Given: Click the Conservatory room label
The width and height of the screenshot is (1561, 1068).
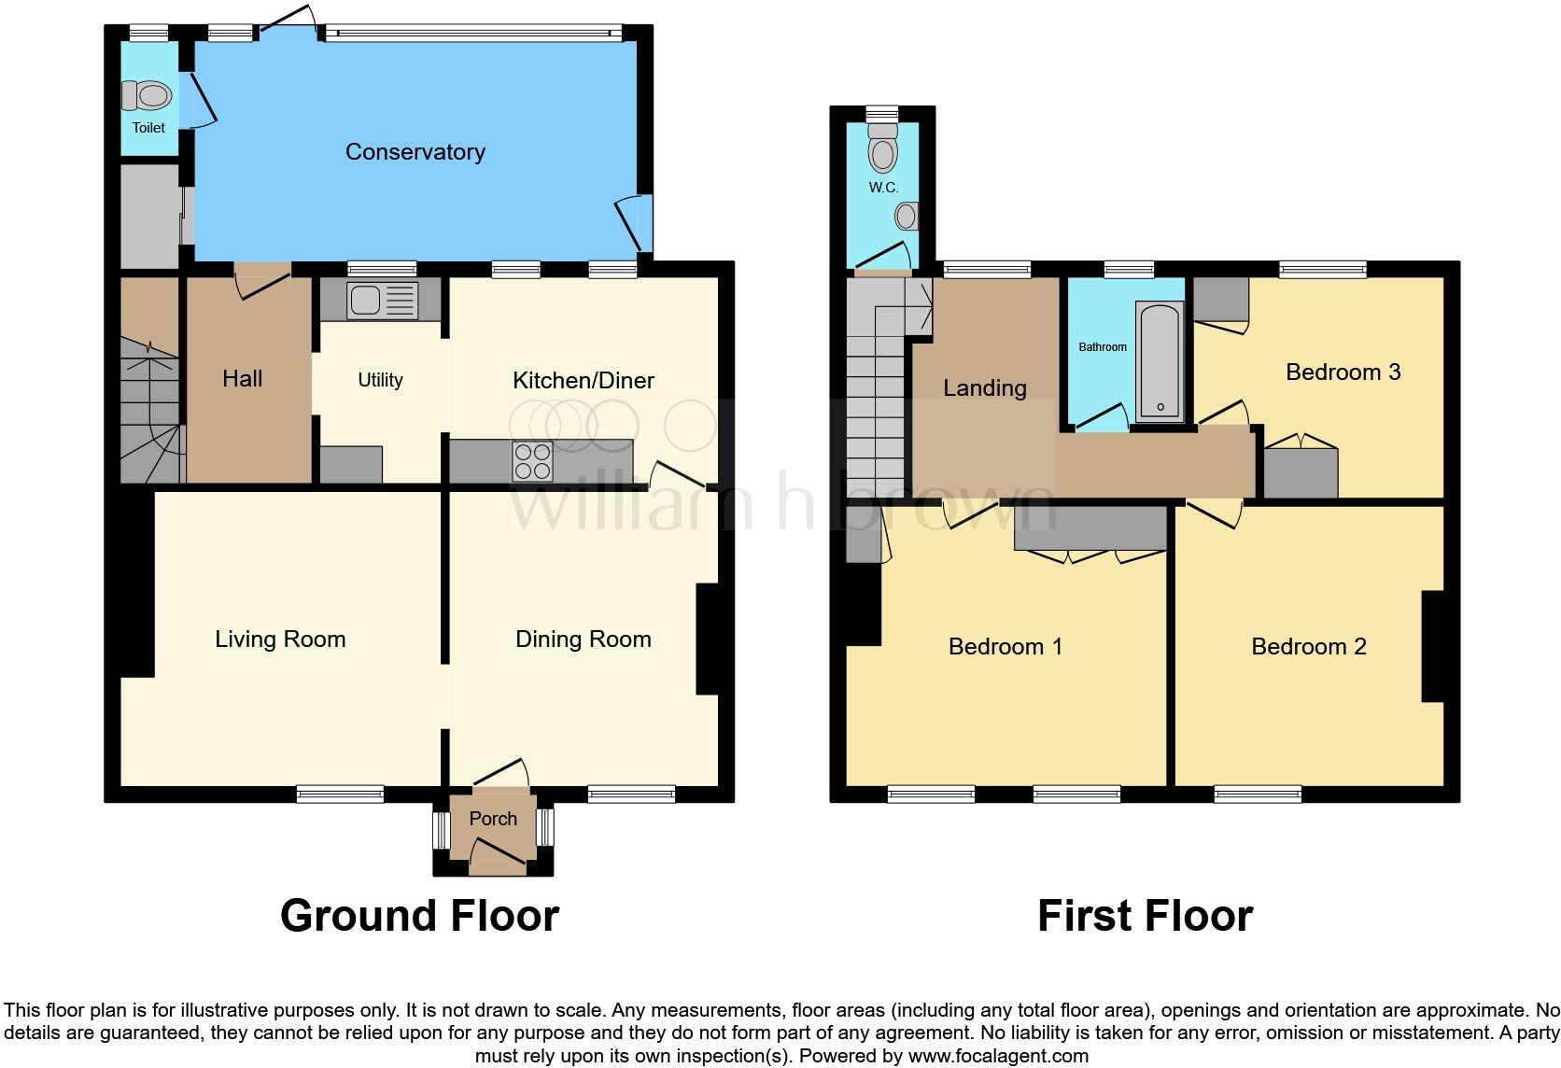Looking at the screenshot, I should click(x=415, y=152).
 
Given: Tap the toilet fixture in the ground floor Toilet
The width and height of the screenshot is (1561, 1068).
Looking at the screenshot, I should click(x=148, y=95).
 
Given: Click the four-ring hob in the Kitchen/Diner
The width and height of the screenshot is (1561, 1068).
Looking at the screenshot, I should click(x=532, y=460).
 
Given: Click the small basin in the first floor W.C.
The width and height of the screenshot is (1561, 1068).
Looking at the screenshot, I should click(x=906, y=218).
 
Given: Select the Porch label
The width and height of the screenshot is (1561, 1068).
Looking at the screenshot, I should click(x=493, y=819).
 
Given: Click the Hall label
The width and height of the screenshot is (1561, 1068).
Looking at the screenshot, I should click(x=243, y=379).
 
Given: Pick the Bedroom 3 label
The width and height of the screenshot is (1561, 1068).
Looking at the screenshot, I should click(x=1343, y=372).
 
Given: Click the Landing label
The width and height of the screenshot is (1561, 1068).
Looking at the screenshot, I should click(x=984, y=388).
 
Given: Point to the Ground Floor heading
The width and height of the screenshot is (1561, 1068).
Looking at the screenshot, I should click(x=419, y=916).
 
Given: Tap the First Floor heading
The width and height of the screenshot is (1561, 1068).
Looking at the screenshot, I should click(x=1145, y=916).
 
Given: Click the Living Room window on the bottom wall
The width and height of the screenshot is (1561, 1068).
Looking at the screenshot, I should click(x=340, y=794).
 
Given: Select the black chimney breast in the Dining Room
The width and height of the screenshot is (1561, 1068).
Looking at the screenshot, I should click(x=707, y=639).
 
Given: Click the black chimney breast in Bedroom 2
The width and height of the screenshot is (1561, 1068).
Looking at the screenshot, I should click(x=1432, y=646).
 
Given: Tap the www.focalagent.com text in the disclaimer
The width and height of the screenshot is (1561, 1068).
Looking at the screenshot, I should click(x=997, y=1057).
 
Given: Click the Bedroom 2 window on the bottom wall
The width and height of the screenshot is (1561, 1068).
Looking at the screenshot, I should click(x=1257, y=794).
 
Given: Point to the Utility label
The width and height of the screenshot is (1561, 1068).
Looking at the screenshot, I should click(x=380, y=380).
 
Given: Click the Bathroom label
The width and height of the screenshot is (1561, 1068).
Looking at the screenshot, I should click(x=1103, y=347).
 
